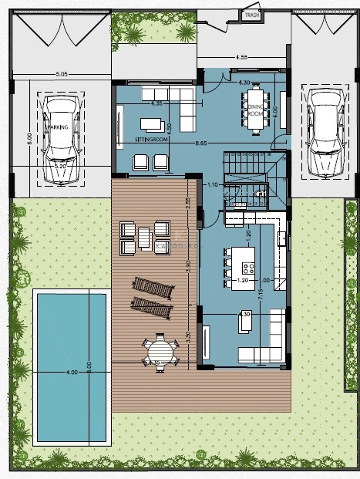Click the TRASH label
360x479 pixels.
(251, 15)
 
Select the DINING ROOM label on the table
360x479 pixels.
(255, 110)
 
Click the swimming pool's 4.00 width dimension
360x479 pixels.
(72, 373)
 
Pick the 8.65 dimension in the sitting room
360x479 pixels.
(203, 144)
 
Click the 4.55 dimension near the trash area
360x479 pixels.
(241, 56)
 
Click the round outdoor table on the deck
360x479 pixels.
(159, 351)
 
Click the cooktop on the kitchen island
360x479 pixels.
(248, 268)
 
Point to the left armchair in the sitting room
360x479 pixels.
(141, 162)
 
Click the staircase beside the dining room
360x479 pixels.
(245, 164)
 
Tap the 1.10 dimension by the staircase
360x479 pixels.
(214, 184)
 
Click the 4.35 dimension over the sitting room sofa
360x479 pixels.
(156, 103)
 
